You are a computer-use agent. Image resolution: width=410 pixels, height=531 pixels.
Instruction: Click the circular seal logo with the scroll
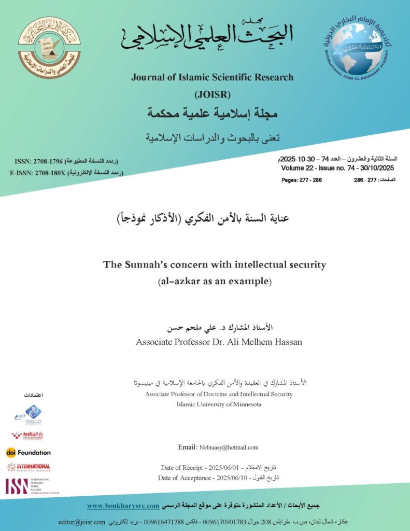tap(49, 47)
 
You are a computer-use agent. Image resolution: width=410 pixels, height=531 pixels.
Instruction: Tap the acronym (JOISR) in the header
tap(212, 95)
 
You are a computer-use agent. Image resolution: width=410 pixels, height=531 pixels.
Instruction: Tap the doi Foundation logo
tap(29, 452)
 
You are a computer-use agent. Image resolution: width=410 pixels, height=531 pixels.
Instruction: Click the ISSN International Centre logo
tap(31, 486)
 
